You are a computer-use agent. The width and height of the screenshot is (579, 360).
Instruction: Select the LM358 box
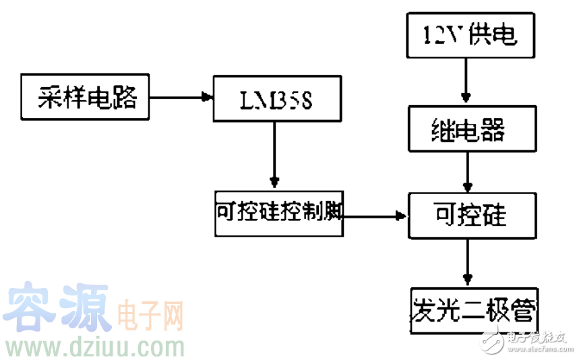click(277, 100)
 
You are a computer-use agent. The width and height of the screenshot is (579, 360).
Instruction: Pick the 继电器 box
click(469, 129)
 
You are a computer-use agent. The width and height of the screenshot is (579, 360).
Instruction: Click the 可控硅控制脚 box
click(278, 214)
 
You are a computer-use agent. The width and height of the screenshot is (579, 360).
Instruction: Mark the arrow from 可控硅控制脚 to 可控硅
click(375, 216)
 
